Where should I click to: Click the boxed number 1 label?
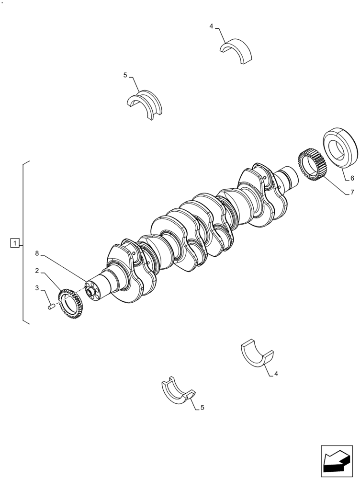pyautogui.click(x=15, y=243)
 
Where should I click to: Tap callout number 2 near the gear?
pyautogui.click(x=37, y=271)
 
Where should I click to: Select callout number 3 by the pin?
pyautogui.click(x=37, y=288)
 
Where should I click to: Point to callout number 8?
pyautogui.click(x=37, y=253)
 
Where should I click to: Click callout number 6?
pyautogui.click(x=352, y=178)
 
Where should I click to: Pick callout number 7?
pyautogui.click(x=352, y=193)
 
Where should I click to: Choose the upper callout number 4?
pyautogui.click(x=212, y=26)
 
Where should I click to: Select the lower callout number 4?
pyautogui.click(x=276, y=374)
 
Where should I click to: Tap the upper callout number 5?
pyautogui.click(x=125, y=75)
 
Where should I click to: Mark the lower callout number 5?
pyautogui.click(x=202, y=408)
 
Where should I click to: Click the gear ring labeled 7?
pyautogui.click(x=312, y=167)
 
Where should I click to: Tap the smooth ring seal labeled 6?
pyautogui.click(x=340, y=148)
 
